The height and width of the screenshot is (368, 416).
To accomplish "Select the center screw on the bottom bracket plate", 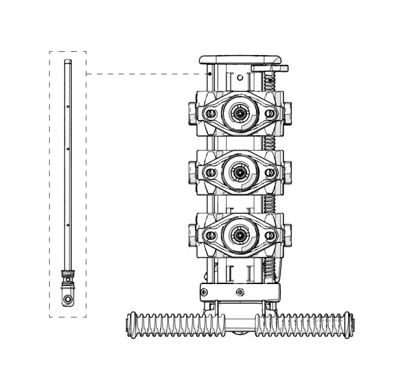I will click(240, 292).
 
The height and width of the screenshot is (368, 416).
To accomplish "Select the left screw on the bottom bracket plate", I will click(204, 292).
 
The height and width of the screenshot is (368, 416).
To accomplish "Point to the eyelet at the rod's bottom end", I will click(67, 299).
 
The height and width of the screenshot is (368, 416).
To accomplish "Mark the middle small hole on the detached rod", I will click(68, 149).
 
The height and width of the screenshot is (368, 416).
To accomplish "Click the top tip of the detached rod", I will click(68, 62).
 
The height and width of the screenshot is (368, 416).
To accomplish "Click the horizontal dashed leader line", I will click(147, 74).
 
